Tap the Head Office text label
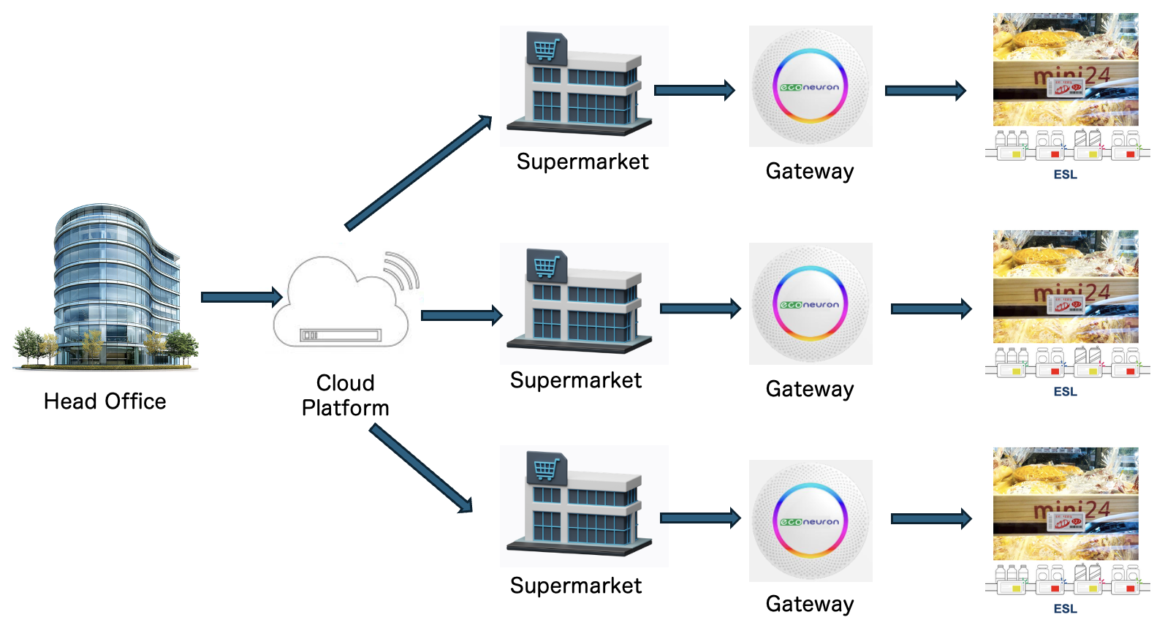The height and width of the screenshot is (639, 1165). pos(105,401)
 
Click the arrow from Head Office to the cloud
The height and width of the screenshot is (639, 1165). pos(241,297)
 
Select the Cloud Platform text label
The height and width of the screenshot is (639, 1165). pos(345,396)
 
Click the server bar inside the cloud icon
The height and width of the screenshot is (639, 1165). pos(341,335)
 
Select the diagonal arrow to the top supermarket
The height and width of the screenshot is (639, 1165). pos(418,173)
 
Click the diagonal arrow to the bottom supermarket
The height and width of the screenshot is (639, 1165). pos(421,469)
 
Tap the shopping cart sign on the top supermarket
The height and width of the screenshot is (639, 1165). pos(546,49)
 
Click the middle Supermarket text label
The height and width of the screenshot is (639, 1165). pos(576,380)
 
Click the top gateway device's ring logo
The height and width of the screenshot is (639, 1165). pos(810,86)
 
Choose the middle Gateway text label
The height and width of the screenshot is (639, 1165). pos(810,389)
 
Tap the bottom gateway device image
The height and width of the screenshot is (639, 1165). pos(810,521)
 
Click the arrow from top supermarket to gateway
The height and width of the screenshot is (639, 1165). pos(694,90)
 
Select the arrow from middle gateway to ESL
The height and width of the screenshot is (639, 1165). pos(931,309)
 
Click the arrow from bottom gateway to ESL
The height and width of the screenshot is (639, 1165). pos(931,519)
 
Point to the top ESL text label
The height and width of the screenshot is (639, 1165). pos(1065,174)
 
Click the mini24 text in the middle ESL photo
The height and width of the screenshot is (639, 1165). pos(1071,293)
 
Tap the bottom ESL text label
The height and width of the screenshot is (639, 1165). pos(1065,608)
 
